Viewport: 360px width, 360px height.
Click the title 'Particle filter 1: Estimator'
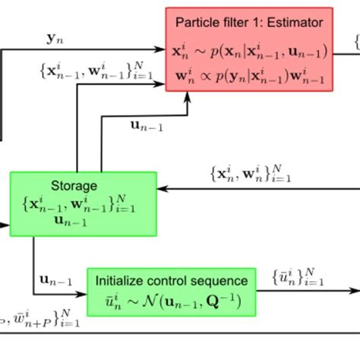(x=249, y=21)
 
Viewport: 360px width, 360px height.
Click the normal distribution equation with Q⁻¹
(x=172, y=302)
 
